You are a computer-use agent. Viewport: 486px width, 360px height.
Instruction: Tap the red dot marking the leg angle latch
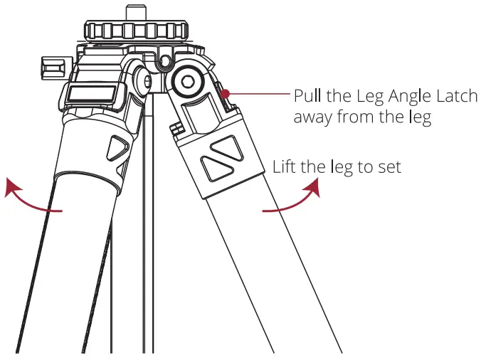click(224, 93)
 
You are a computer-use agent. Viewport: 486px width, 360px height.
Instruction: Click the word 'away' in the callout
click(314, 117)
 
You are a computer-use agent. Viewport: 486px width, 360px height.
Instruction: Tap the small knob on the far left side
click(51, 70)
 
